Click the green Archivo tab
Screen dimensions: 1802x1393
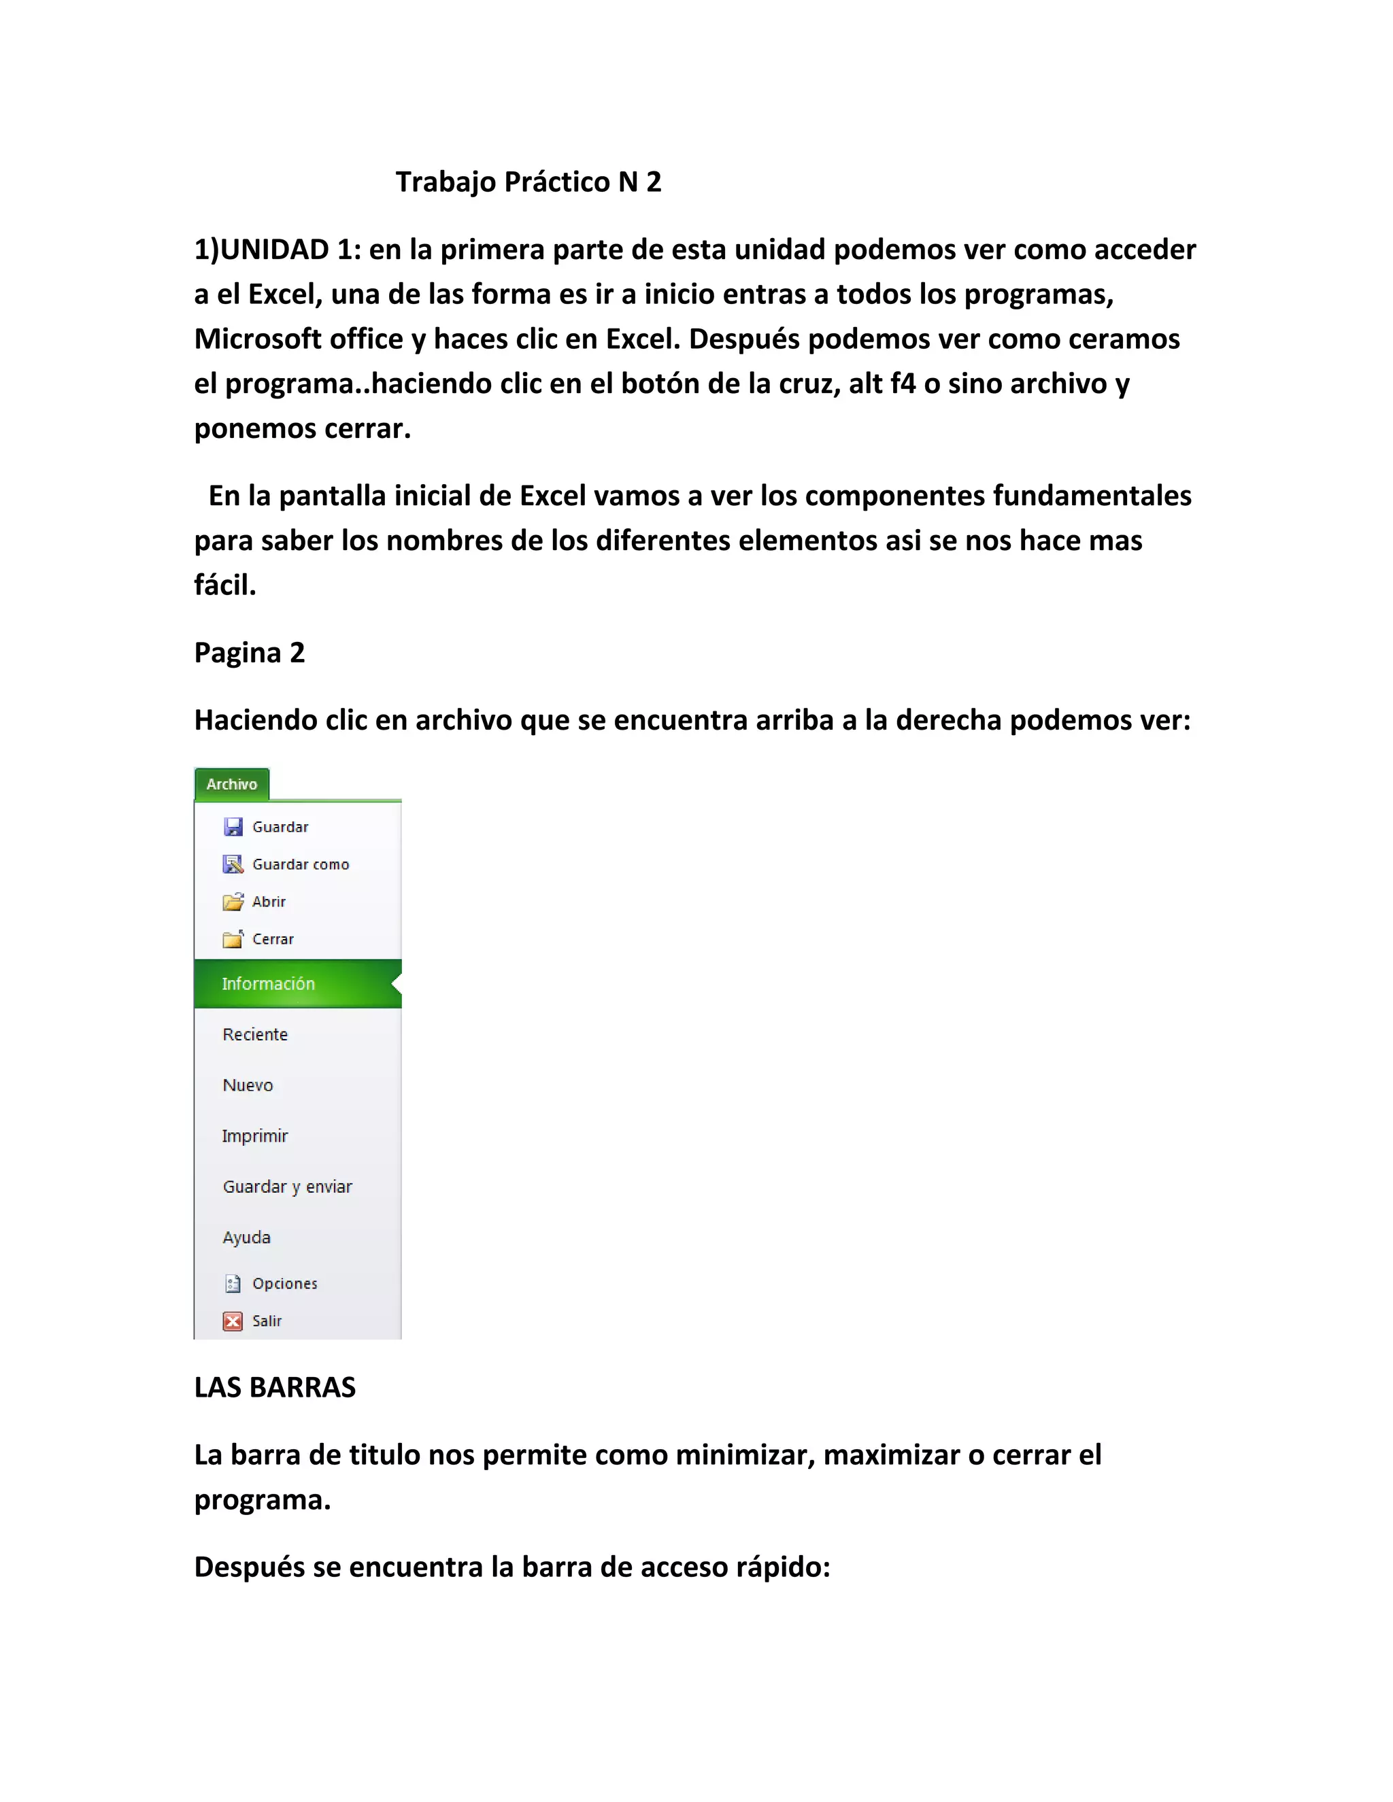(232, 784)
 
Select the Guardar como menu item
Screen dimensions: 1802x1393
(301, 864)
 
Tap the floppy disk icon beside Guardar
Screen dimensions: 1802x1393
(233, 827)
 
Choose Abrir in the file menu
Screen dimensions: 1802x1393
(269, 902)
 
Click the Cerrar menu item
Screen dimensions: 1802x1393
(272, 939)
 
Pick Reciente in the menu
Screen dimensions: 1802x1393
(255, 1035)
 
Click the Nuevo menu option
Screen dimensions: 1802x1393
(248, 1085)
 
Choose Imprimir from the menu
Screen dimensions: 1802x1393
(255, 1136)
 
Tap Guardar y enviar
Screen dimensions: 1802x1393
(287, 1187)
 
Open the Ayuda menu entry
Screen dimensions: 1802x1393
(247, 1238)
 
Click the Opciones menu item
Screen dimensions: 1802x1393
(285, 1284)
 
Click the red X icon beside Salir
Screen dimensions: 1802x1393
(233, 1322)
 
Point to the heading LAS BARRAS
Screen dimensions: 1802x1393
(275, 1388)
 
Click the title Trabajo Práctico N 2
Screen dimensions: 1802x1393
(528, 182)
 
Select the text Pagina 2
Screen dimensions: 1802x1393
(249, 653)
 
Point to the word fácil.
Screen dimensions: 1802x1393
(224, 585)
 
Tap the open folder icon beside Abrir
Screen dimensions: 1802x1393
(233, 902)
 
